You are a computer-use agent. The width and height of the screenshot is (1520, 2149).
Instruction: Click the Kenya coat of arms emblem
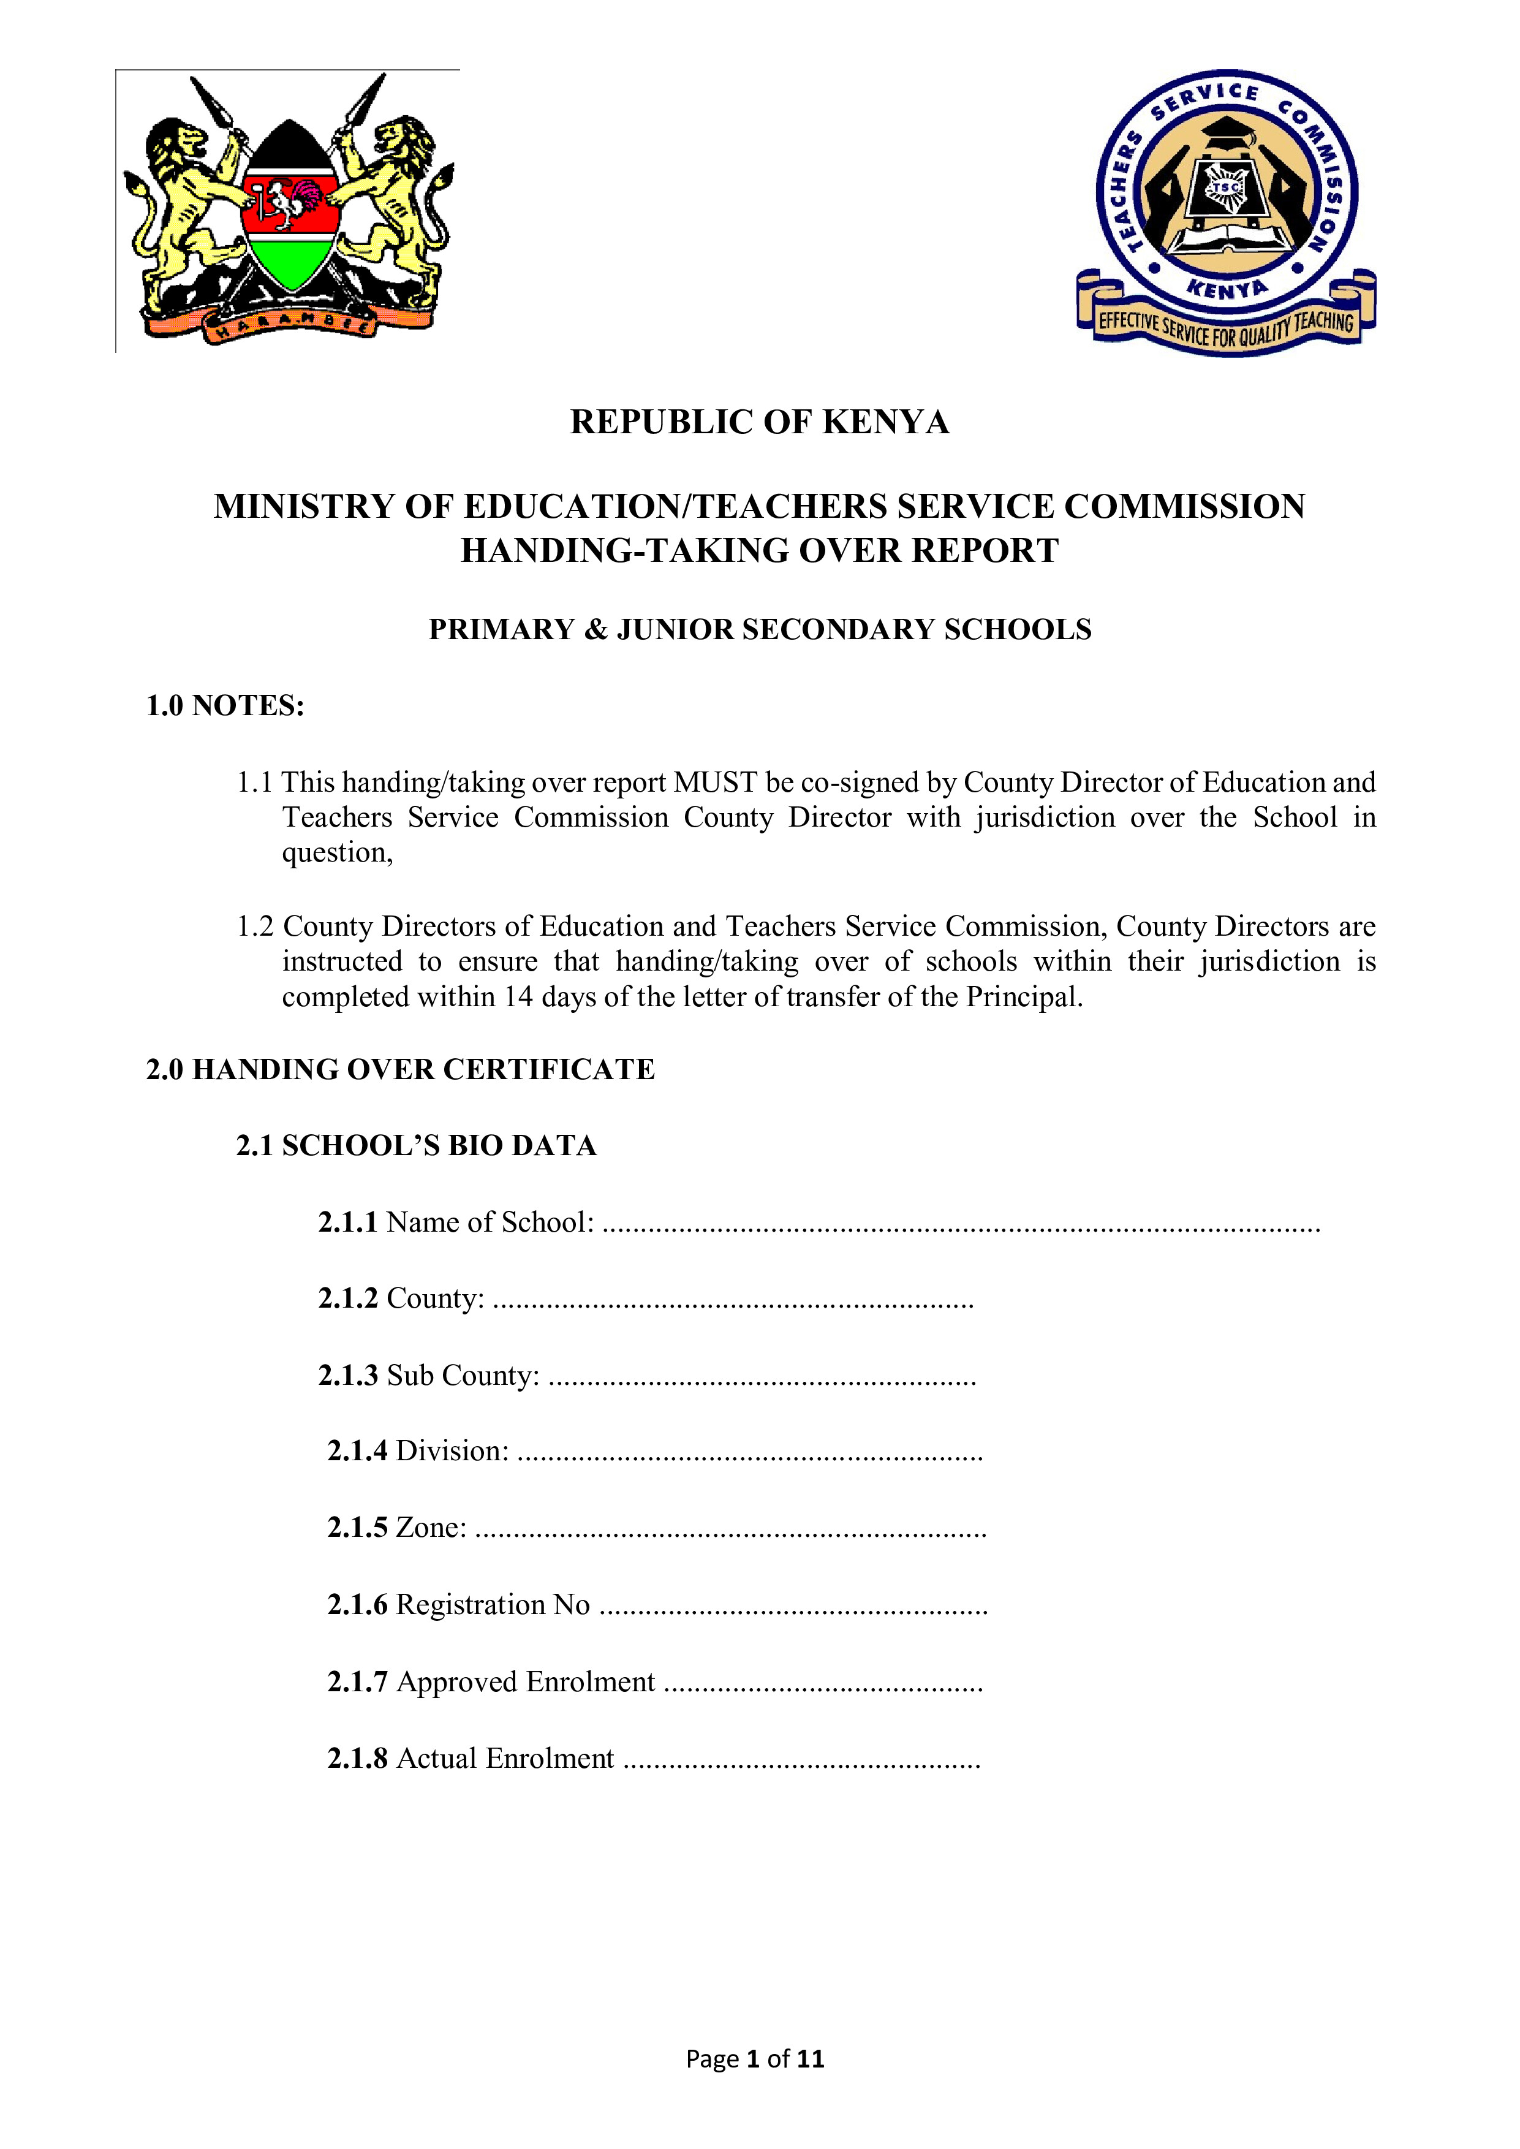click(289, 211)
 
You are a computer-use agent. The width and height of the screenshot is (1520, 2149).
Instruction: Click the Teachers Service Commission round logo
click(1226, 211)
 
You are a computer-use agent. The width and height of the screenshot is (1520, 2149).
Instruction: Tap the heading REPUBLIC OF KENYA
click(759, 422)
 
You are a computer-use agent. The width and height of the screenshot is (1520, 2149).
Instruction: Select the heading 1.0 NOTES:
click(225, 706)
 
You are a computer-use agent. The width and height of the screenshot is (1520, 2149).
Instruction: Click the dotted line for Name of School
click(960, 1224)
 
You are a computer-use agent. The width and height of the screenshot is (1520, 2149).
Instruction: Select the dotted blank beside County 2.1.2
click(732, 1301)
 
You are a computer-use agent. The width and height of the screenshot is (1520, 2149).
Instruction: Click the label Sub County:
click(463, 1376)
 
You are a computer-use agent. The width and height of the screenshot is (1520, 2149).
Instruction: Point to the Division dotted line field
click(749, 1454)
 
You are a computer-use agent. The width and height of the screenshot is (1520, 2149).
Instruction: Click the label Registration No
click(493, 1605)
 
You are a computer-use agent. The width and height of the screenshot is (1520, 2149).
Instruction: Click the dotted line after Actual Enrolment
click(801, 1761)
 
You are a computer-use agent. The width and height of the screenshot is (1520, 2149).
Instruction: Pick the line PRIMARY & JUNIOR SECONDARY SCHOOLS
click(759, 630)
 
